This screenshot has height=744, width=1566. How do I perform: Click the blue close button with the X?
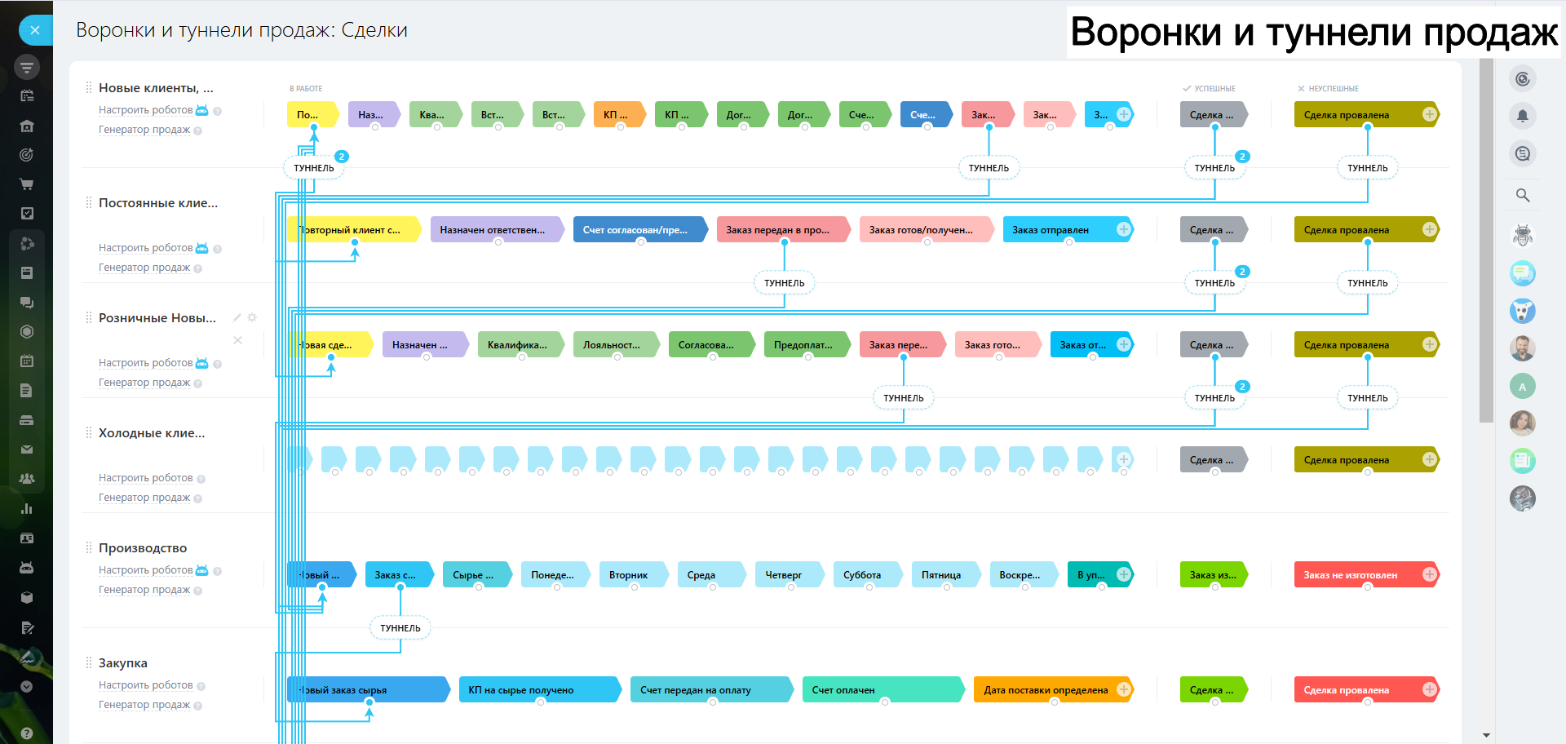tap(34, 30)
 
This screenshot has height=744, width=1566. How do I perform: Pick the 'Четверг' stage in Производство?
tap(785, 575)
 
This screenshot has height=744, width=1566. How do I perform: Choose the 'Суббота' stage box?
tap(864, 575)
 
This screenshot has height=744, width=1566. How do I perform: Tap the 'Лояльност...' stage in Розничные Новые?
tap(613, 345)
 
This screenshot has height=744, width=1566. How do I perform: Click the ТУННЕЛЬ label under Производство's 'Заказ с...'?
tap(400, 628)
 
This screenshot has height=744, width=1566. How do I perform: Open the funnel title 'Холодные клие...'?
tap(152, 433)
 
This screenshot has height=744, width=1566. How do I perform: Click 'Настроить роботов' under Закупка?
tap(145, 685)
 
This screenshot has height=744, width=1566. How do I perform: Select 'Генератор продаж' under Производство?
tap(144, 590)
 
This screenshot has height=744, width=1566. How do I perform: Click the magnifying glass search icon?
tap(1523, 195)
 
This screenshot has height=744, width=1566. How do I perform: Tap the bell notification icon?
tap(1523, 116)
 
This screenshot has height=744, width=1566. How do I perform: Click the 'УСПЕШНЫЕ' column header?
tap(1214, 88)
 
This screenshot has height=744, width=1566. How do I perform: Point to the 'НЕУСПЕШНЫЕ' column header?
tap(1333, 88)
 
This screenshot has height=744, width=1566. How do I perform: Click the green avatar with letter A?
tap(1523, 387)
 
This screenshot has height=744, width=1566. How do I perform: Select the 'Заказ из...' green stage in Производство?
tap(1213, 575)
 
